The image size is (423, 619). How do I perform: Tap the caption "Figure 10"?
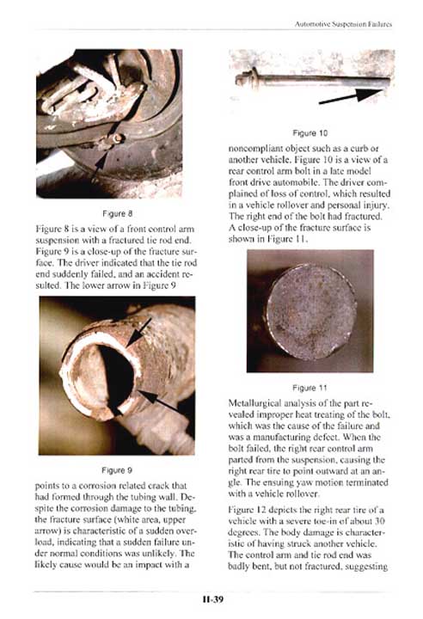310,133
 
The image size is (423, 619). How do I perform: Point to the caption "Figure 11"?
310,388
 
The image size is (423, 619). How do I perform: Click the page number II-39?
213,599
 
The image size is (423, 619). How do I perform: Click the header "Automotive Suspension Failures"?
343,24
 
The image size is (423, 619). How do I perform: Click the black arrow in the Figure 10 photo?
350,96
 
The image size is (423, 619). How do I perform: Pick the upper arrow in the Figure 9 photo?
138,333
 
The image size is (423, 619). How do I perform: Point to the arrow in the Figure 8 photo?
101,165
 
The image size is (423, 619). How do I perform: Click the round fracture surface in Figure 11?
311,312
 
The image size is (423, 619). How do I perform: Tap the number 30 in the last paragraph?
379,521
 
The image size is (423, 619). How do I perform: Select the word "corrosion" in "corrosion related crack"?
93,486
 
